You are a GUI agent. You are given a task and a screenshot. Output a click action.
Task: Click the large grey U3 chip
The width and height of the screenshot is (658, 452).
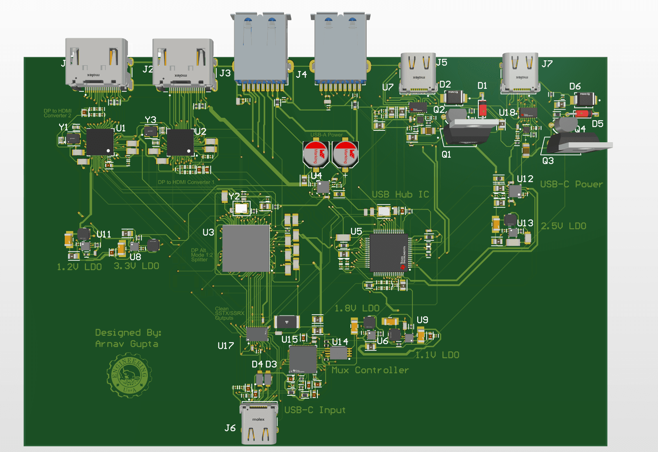point(246,248)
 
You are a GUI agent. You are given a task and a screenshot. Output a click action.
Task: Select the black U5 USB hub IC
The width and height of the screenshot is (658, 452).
point(389,253)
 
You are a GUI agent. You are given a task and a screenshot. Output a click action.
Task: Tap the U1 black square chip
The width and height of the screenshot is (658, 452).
point(99,141)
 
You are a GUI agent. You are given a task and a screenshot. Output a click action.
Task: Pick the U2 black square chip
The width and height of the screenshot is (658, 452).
point(180,142)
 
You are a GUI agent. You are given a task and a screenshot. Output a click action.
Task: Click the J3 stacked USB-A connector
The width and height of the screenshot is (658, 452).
point(261,49)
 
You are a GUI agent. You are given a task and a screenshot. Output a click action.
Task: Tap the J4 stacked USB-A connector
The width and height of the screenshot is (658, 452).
point(340,49)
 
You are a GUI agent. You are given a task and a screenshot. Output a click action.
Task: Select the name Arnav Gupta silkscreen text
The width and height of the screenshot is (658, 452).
point(127,344)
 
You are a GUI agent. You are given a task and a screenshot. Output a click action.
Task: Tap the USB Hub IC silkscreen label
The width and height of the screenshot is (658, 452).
point(400,194)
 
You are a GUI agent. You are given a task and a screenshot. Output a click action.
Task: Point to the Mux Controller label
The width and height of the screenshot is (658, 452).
point(370,370)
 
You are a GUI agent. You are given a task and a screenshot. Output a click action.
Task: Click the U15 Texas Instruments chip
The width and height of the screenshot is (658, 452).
point(303,359)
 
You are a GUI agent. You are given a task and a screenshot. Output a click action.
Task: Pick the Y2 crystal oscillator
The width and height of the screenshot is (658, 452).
point(241,209)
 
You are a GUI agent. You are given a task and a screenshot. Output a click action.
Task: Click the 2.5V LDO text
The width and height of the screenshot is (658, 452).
point(563,226)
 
